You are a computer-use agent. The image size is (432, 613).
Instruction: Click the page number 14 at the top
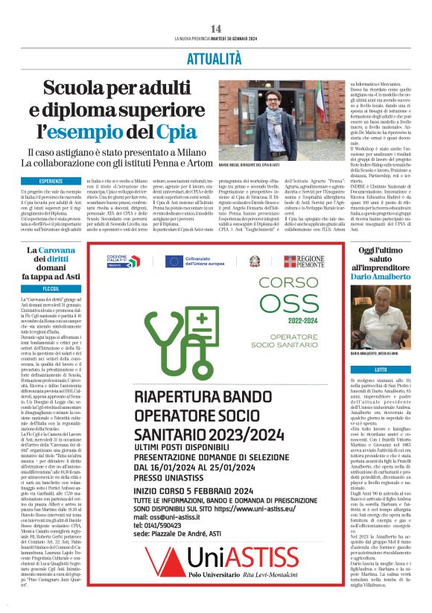(215, 28)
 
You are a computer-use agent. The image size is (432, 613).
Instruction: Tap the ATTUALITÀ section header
(216, 55)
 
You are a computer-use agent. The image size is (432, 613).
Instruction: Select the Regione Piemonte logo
(305, 261)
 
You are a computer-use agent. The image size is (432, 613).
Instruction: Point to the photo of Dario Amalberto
(381, 317)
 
